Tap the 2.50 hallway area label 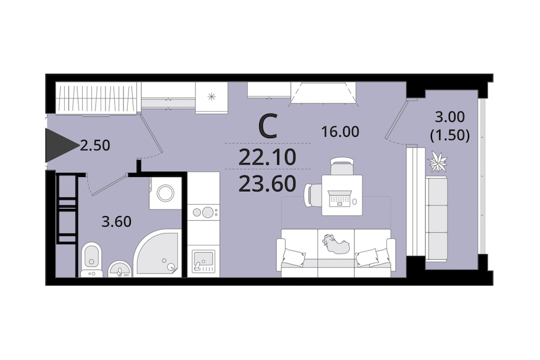[x=95, y=145]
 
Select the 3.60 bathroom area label [x=116, y=222]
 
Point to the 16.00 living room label [x=340, y=131]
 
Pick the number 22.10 [x=267, y=158]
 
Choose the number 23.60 [x=267, y=184]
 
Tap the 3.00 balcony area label [x=450, y=117]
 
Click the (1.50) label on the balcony [x=450, y=136]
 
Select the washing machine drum [x=166, y=193]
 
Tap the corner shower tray [x=157, y=253]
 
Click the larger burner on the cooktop [x=208, y=212]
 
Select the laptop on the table [x=340, y=199]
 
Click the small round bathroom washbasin [x=120, y=269]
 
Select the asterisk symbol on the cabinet [x=211, y=97]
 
